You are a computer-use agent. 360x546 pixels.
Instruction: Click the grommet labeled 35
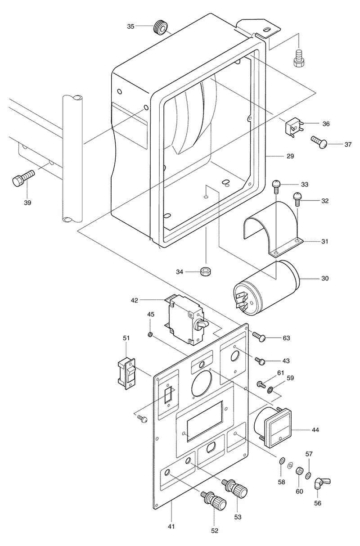click(160, 27)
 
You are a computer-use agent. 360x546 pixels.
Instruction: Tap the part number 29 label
click(290, 156)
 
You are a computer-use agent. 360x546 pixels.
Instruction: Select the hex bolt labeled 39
click(23, 178)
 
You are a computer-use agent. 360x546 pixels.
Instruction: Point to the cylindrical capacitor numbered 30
click(266, 288)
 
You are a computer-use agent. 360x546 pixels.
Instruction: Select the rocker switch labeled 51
click(126, 374)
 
